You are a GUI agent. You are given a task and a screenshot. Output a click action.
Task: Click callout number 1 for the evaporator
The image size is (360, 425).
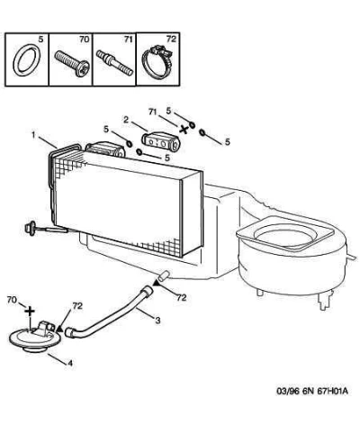click(x=34, y=135)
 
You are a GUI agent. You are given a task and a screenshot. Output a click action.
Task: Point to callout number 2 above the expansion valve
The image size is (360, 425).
click(x=126, y=120)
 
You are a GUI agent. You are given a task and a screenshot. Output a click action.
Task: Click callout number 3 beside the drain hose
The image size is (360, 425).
click(x=157, y=321)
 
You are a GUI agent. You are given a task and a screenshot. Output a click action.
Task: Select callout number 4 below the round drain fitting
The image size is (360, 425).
click(x=70, y=363)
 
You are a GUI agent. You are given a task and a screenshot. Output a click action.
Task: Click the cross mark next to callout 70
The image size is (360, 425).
click(x=30, y=312)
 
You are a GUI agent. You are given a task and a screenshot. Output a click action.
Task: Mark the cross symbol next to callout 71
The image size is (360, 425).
click(x=184, y=130)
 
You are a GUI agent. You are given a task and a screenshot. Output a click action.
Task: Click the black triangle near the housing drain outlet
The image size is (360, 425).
click(x=157, y=282)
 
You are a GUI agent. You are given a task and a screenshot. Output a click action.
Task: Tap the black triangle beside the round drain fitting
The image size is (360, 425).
click(x=60, y=328)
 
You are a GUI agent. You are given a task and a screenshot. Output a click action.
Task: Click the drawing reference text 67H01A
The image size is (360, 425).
click(x=332, y=392)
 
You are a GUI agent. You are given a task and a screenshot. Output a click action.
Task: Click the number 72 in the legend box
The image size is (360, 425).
click(x=171, y=39)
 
